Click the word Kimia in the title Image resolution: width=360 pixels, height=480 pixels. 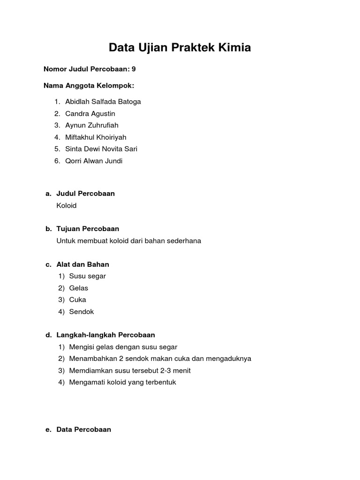(234, 47)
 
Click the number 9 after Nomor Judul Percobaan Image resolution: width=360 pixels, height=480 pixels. (134, 69)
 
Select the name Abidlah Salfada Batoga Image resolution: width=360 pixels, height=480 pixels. (103, 102)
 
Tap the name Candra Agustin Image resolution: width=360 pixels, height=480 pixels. (90, 113)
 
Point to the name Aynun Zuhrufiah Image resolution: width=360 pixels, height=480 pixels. (92, 125)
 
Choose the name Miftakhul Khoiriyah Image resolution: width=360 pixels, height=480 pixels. (96, 137)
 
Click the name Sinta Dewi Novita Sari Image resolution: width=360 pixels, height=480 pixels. (101, 149)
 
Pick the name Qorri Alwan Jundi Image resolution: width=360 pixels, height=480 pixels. (94, 161)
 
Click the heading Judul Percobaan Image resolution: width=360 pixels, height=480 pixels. (85, 194)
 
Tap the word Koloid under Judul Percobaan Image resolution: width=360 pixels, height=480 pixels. (66, 205)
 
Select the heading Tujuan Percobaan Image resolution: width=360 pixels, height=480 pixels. (88, 229)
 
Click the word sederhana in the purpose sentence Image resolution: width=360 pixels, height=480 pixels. (184, 241)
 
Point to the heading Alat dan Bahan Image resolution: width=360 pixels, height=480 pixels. (82, 264)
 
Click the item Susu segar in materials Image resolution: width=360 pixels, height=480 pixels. (87, 276)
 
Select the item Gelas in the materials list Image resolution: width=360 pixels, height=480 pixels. (78, 288)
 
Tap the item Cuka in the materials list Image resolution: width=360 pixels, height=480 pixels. (77, 300)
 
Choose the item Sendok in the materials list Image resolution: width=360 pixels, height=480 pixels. (82, 312)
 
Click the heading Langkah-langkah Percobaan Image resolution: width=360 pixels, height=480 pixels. (105, 335)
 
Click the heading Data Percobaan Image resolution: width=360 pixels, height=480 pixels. (83, 429)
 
